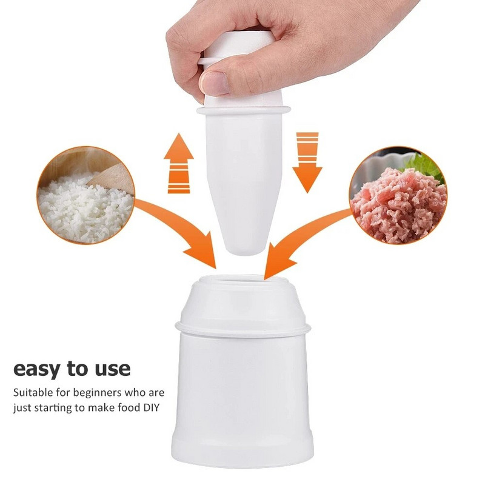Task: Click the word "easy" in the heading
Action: tap(41, 369)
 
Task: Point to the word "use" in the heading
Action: tap(111, 369)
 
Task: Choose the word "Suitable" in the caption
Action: tap(34, 392)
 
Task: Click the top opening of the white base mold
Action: tap(242, 281)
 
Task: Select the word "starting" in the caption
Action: tap(56, 407)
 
